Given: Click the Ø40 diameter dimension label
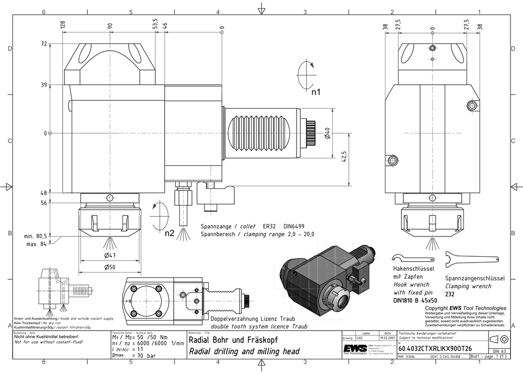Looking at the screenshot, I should pyautogui.click(x=327, y=133).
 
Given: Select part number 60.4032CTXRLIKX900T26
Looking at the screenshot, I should pyautogui.click(x=435, y=348).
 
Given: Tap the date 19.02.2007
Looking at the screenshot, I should pyautogui.click(x=386, y=338).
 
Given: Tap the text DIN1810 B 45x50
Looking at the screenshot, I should pyautogui.click(x=416, y=301).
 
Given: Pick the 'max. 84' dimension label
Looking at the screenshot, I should pyautogui.click(x=37, y=244).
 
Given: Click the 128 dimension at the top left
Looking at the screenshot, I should pyautogui.click(x=62, y=24).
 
